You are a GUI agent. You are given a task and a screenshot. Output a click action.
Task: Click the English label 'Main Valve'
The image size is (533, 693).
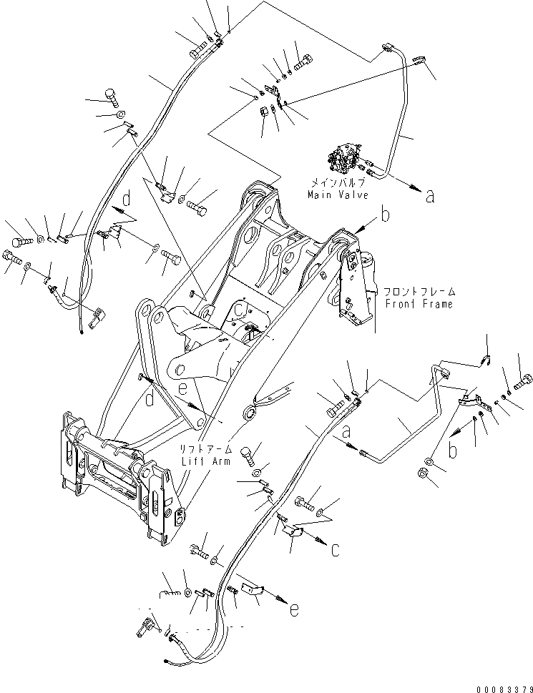pos(338,194)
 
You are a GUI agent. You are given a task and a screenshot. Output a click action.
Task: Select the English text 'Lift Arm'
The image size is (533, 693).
pos(207,461)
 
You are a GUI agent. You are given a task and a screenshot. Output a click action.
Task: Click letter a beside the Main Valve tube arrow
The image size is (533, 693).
pos(429,197)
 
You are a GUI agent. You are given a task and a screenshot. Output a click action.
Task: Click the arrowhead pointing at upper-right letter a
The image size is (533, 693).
pos(414,189)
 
